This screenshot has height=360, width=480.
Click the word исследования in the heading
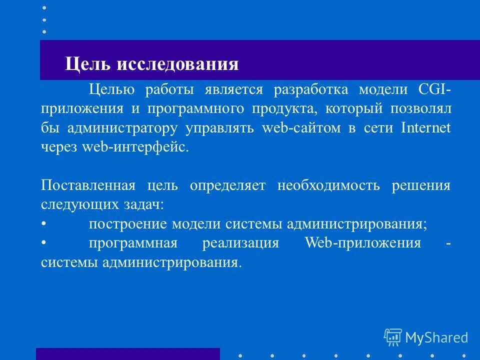[x=178, y=64]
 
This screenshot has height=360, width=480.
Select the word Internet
[x=425, y=128]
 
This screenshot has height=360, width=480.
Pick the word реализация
[x=240, y=243]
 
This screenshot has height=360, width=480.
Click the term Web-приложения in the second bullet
[x=362, y=243]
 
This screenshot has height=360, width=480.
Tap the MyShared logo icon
[x=393, y=337]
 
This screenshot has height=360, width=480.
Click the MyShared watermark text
[x=436, y=338]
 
